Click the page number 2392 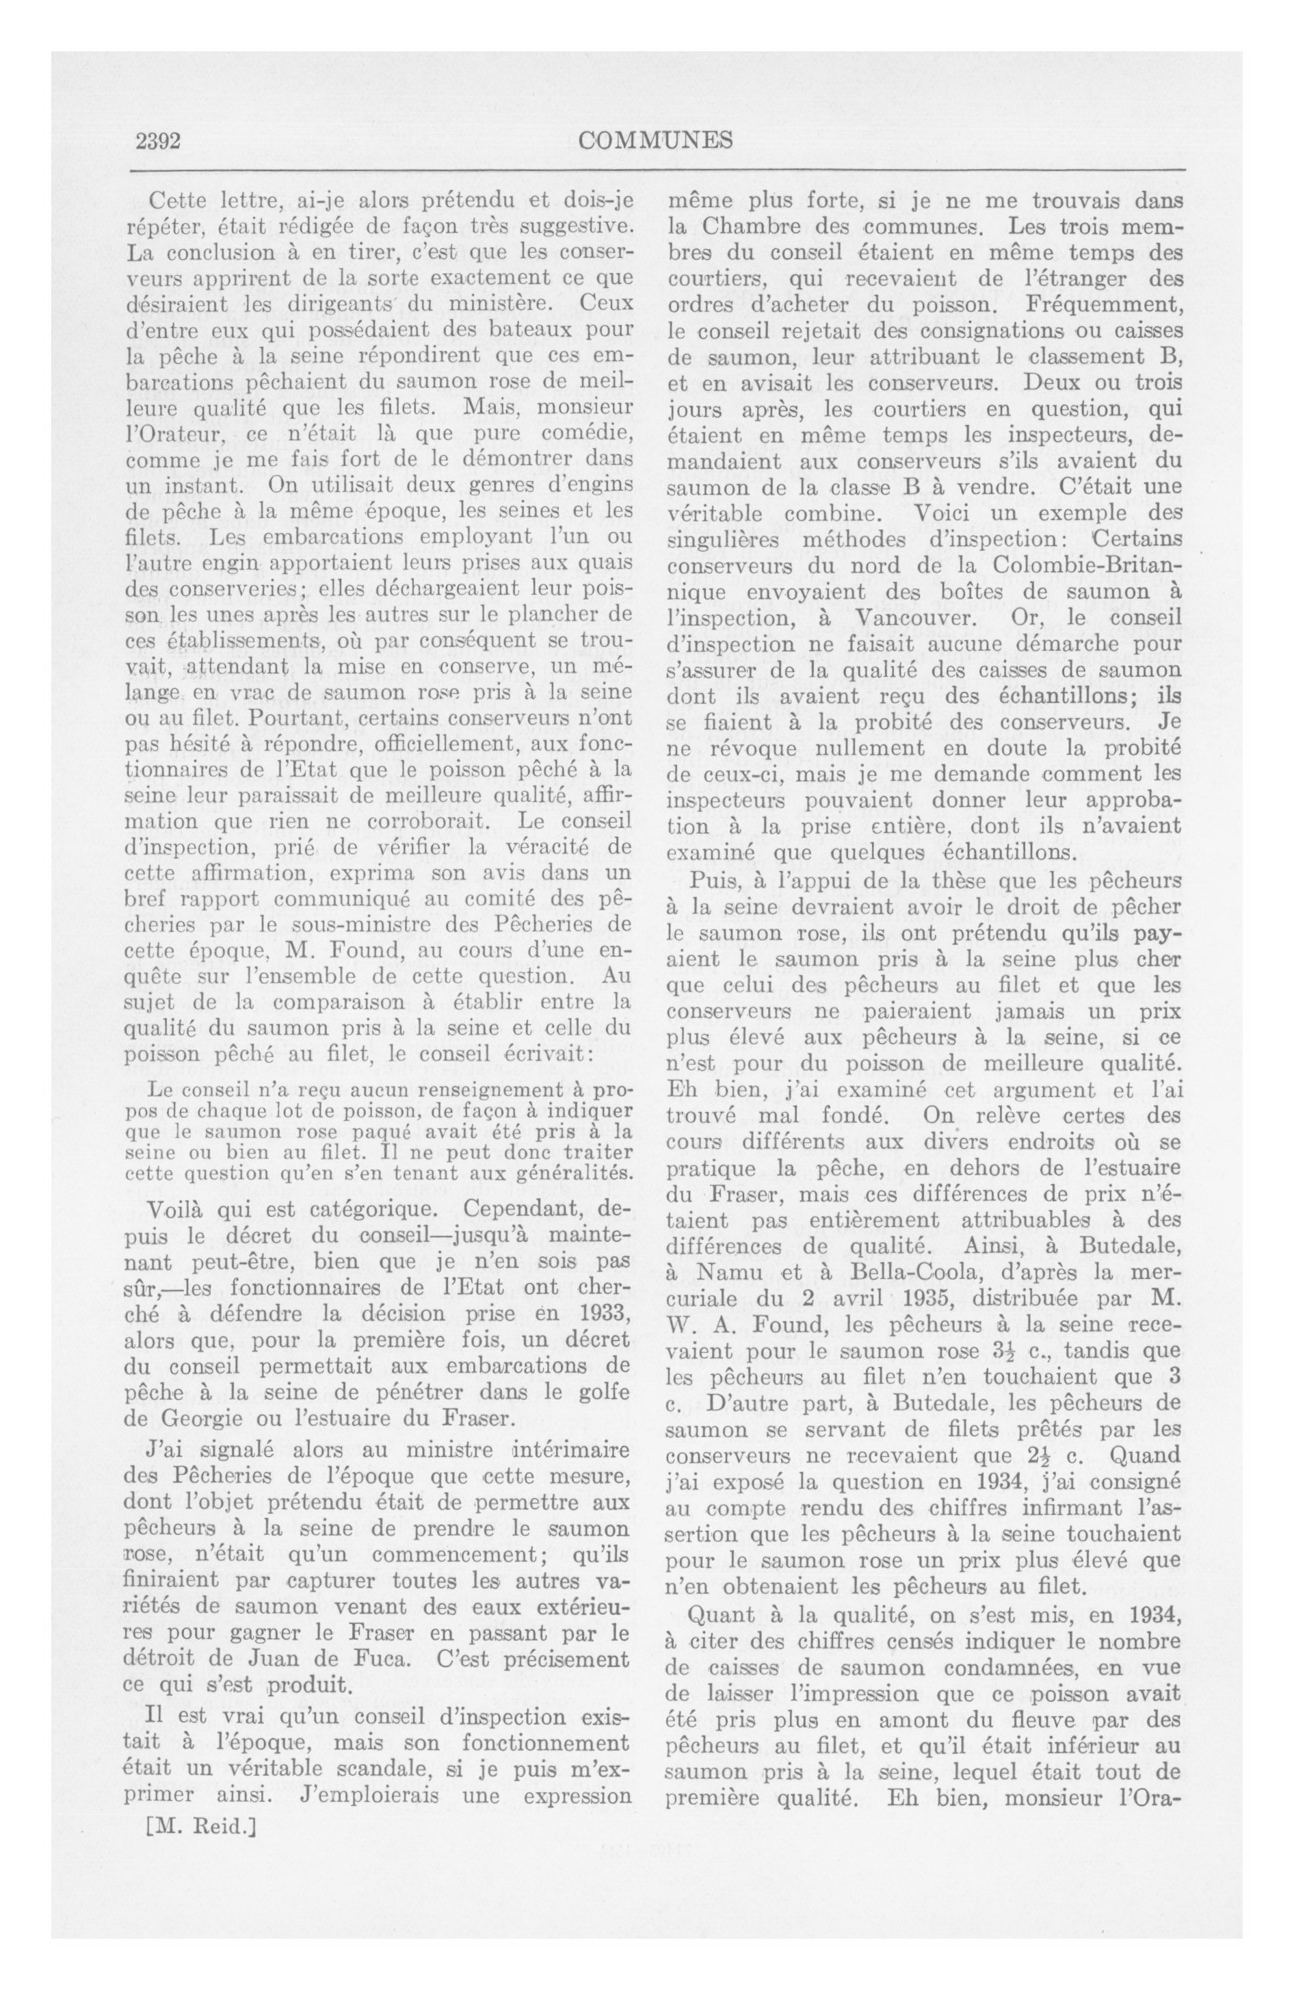(x=159, y=140)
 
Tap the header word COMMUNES (x=655, y=140)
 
